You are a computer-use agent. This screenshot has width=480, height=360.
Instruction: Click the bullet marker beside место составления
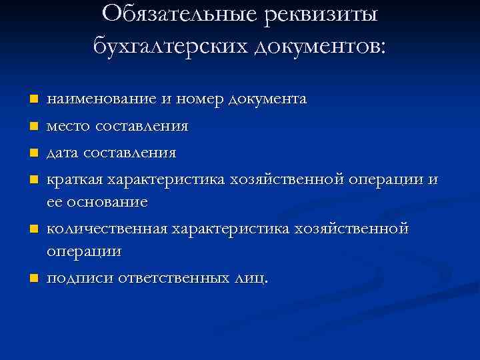(x=31, y=127)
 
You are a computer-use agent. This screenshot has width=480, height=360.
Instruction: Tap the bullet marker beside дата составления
(x=31, y=153)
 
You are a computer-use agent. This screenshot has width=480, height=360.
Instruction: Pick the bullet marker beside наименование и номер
(x=31, y=100)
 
